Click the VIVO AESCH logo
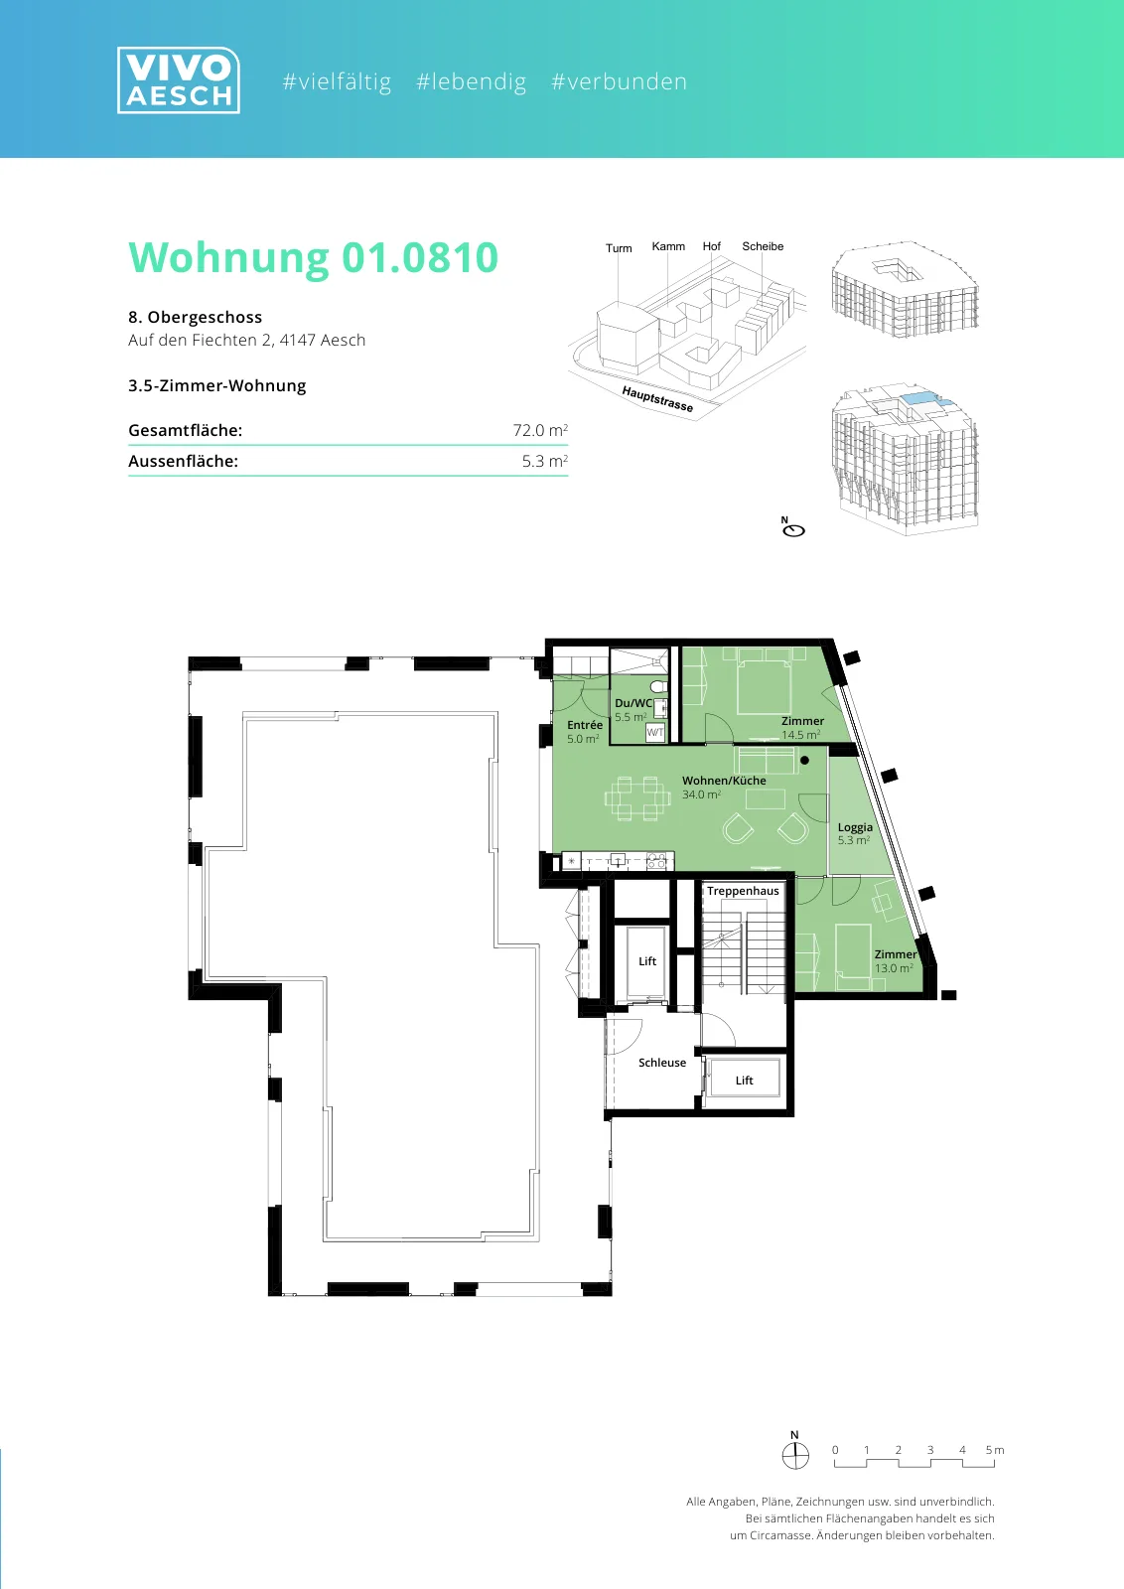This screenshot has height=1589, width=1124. point(179,80)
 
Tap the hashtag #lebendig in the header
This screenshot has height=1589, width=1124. point(471,81)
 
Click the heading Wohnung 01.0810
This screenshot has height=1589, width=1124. point(314,257)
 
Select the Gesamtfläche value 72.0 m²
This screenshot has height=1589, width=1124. point(540,430)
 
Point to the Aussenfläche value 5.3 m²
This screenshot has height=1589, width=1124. point(545,461)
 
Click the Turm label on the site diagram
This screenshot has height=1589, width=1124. point(619,248)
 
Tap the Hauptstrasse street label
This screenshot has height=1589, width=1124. point(657,399)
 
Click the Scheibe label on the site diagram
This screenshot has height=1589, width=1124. point(763,246)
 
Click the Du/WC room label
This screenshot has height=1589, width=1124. point(633,703)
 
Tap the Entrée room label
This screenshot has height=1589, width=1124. point(584,725)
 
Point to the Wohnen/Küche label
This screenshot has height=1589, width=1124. point(724,781)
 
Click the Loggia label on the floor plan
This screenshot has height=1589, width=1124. point(855,827)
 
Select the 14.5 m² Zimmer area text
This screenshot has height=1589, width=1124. point(800,735)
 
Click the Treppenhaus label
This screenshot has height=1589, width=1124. point(743,891)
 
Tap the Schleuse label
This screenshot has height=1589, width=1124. point(661,1063)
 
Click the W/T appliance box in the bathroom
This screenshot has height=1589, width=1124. point(654,732)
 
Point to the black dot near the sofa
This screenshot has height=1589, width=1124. point(804,761)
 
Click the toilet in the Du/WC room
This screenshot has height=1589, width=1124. point(658,686)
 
